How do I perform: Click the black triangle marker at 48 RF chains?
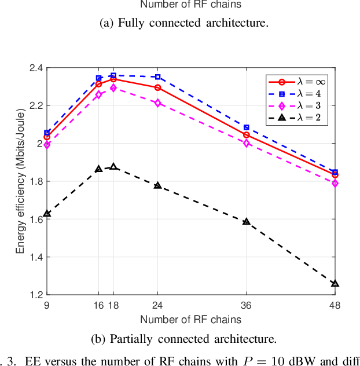[335, 284]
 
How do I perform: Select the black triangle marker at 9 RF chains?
[47, 214]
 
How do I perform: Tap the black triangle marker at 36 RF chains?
[247, 221]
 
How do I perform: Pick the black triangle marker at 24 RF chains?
[157, 185]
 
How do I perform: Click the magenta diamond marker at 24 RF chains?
[157, 103]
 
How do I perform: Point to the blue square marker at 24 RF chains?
[157, 77]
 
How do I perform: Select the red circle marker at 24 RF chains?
[157, 87]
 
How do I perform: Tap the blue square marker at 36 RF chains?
[247, 127]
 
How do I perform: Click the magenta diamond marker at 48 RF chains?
[335, 183]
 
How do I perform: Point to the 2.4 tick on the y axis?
[35, 68]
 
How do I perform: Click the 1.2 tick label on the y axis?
[35, 295]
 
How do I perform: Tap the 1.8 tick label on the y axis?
[35, 181]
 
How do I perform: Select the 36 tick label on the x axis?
[247, 306]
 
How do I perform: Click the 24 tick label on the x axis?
[157, 306]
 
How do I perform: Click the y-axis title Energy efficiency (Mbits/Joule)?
[20, 181]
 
